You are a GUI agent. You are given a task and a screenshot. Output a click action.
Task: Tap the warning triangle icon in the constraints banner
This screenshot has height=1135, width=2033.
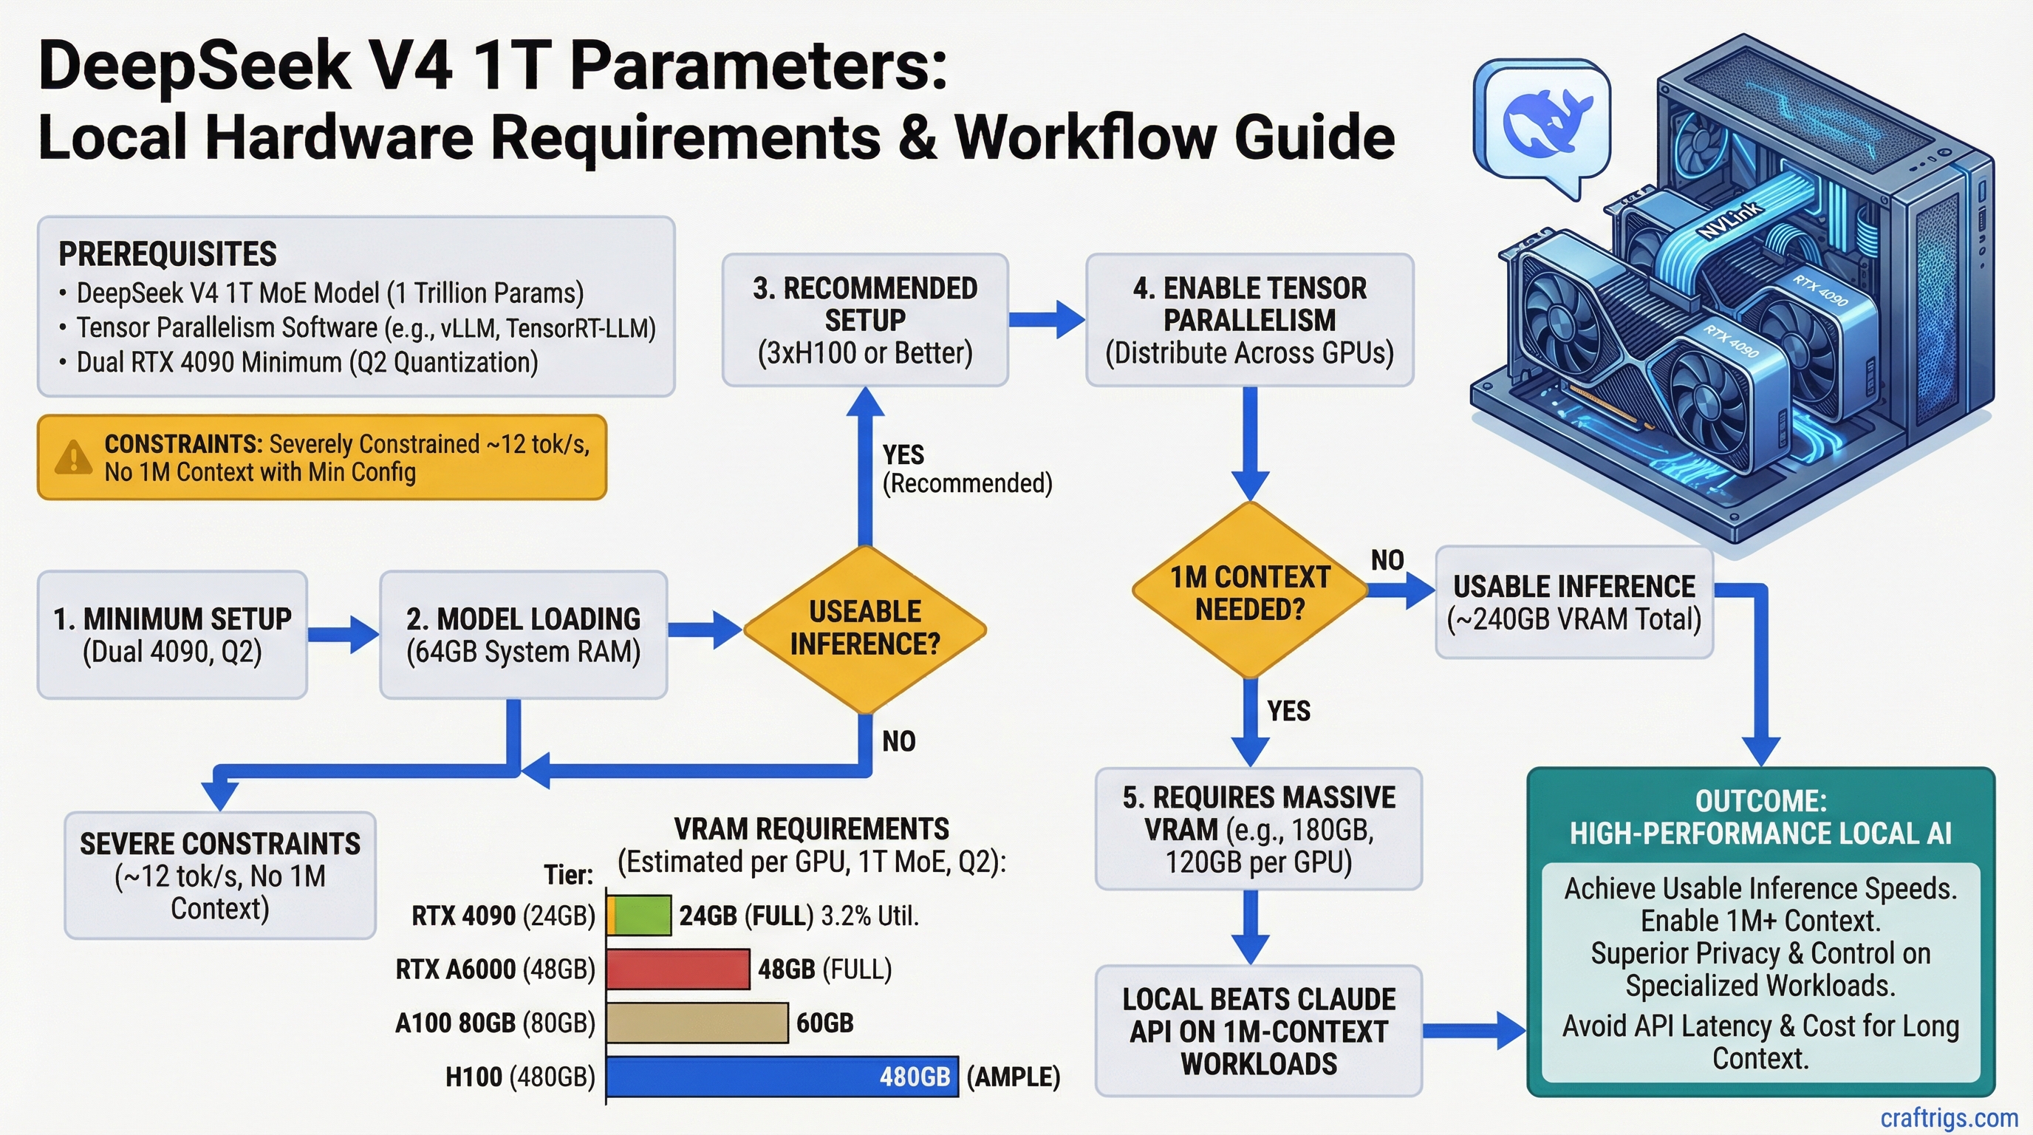tap(72, 457)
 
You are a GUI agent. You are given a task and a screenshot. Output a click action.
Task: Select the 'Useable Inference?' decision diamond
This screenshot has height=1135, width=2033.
tap(865, 628)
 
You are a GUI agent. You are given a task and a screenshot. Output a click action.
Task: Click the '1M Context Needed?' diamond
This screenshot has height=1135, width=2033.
tap(1249, 592)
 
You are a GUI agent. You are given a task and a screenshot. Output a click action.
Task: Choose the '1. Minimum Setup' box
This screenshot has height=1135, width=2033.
tap(172, 635)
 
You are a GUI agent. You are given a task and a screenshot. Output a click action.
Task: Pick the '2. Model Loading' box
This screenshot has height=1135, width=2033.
tap(523, 635)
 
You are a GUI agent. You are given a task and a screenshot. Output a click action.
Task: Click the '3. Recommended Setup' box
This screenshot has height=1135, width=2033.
tap(865, 320)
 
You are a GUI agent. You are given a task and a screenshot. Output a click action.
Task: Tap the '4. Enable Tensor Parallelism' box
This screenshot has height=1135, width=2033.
tap(1249, 320)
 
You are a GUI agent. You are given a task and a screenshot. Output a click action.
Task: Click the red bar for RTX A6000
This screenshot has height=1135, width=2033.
tap(678, 969)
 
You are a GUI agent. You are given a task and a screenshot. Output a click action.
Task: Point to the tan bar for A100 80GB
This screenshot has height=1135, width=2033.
tap(697, 1023)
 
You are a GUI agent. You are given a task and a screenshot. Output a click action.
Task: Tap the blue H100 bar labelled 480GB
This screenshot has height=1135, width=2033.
tap(782, 1077)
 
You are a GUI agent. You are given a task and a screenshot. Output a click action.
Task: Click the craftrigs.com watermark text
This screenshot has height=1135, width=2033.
tap(1949, 1118)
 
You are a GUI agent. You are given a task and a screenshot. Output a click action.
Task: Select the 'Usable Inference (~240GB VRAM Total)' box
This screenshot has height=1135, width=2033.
tap(1574, 602)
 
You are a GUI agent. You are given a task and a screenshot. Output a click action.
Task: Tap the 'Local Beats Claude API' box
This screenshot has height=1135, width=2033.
tap(1258, 1031)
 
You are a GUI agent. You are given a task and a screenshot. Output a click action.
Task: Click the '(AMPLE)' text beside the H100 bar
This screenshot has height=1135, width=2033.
tap(1014, 1077)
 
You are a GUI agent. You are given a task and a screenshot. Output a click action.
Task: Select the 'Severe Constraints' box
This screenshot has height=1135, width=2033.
tap(219, 876)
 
